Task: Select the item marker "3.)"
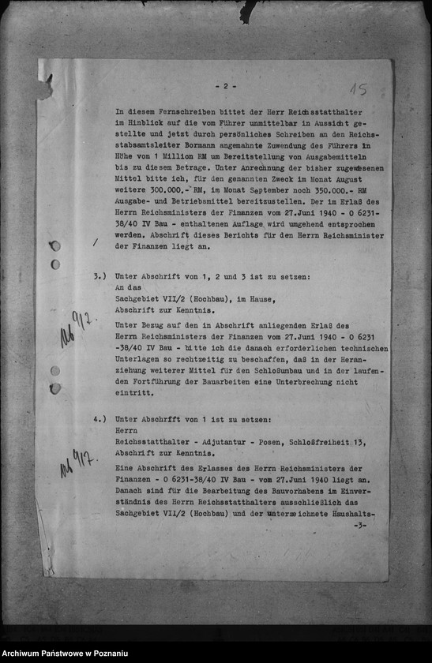(x=99, y=277)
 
